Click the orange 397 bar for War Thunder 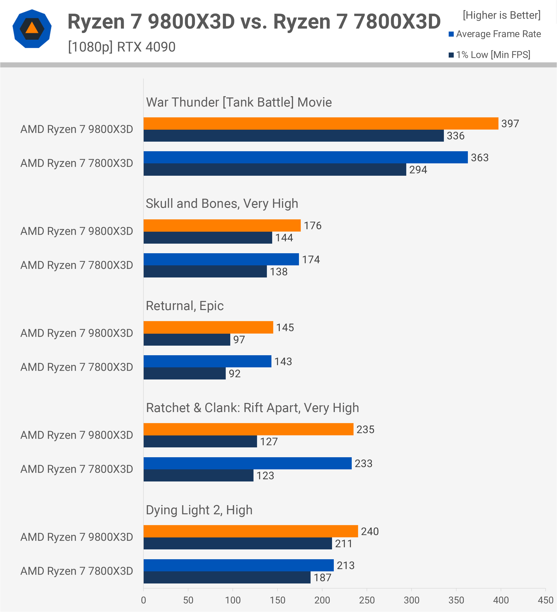tap(321, 123)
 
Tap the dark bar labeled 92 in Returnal tap(185, 373)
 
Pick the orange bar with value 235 tap(248, 429)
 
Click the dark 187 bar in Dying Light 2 tap(227, 577)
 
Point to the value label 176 tap(313, 225)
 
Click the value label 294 tap(418, 170)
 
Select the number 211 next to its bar tap(344, 543)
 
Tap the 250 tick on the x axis tap(367, 600)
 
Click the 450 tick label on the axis tap(545, 600)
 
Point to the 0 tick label tap(144, 600)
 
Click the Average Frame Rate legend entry tap(495, 34)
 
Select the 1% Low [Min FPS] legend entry tap(490, 55)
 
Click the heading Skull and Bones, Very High tap(222, 203)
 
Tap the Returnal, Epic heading tap(185, 306)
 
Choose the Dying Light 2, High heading tap(199, 510)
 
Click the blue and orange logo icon tap(32, 29)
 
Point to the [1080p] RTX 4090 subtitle tap(122, 47)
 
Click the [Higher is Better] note tap(501, 15)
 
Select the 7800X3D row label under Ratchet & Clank tap(77, 469)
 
